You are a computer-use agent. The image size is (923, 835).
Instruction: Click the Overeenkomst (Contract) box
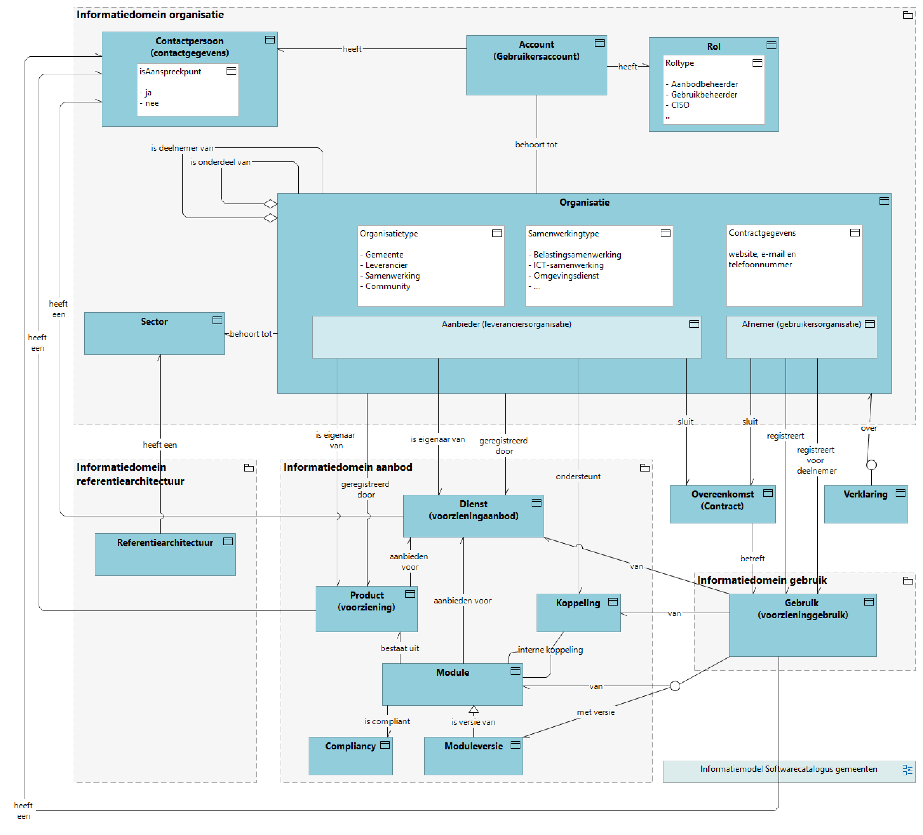click(722, 504)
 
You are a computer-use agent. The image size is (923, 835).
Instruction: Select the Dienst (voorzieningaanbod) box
click(473, 515)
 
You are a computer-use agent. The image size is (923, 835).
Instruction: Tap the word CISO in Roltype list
click(680, 105)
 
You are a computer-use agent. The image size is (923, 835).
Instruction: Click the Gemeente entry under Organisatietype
click(384, 255)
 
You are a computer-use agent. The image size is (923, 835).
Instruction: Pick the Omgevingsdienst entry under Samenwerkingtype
click(566, 276)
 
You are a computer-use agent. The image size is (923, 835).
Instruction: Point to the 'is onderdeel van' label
click(220, 162)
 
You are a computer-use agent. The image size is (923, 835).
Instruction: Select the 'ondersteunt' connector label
click(578, 476)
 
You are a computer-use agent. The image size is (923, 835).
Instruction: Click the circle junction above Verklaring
click(871, 465)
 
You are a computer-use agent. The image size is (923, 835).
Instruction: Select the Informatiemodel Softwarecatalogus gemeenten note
click(788, 769)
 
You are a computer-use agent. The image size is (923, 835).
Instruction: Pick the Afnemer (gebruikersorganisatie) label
click(801, 324)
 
